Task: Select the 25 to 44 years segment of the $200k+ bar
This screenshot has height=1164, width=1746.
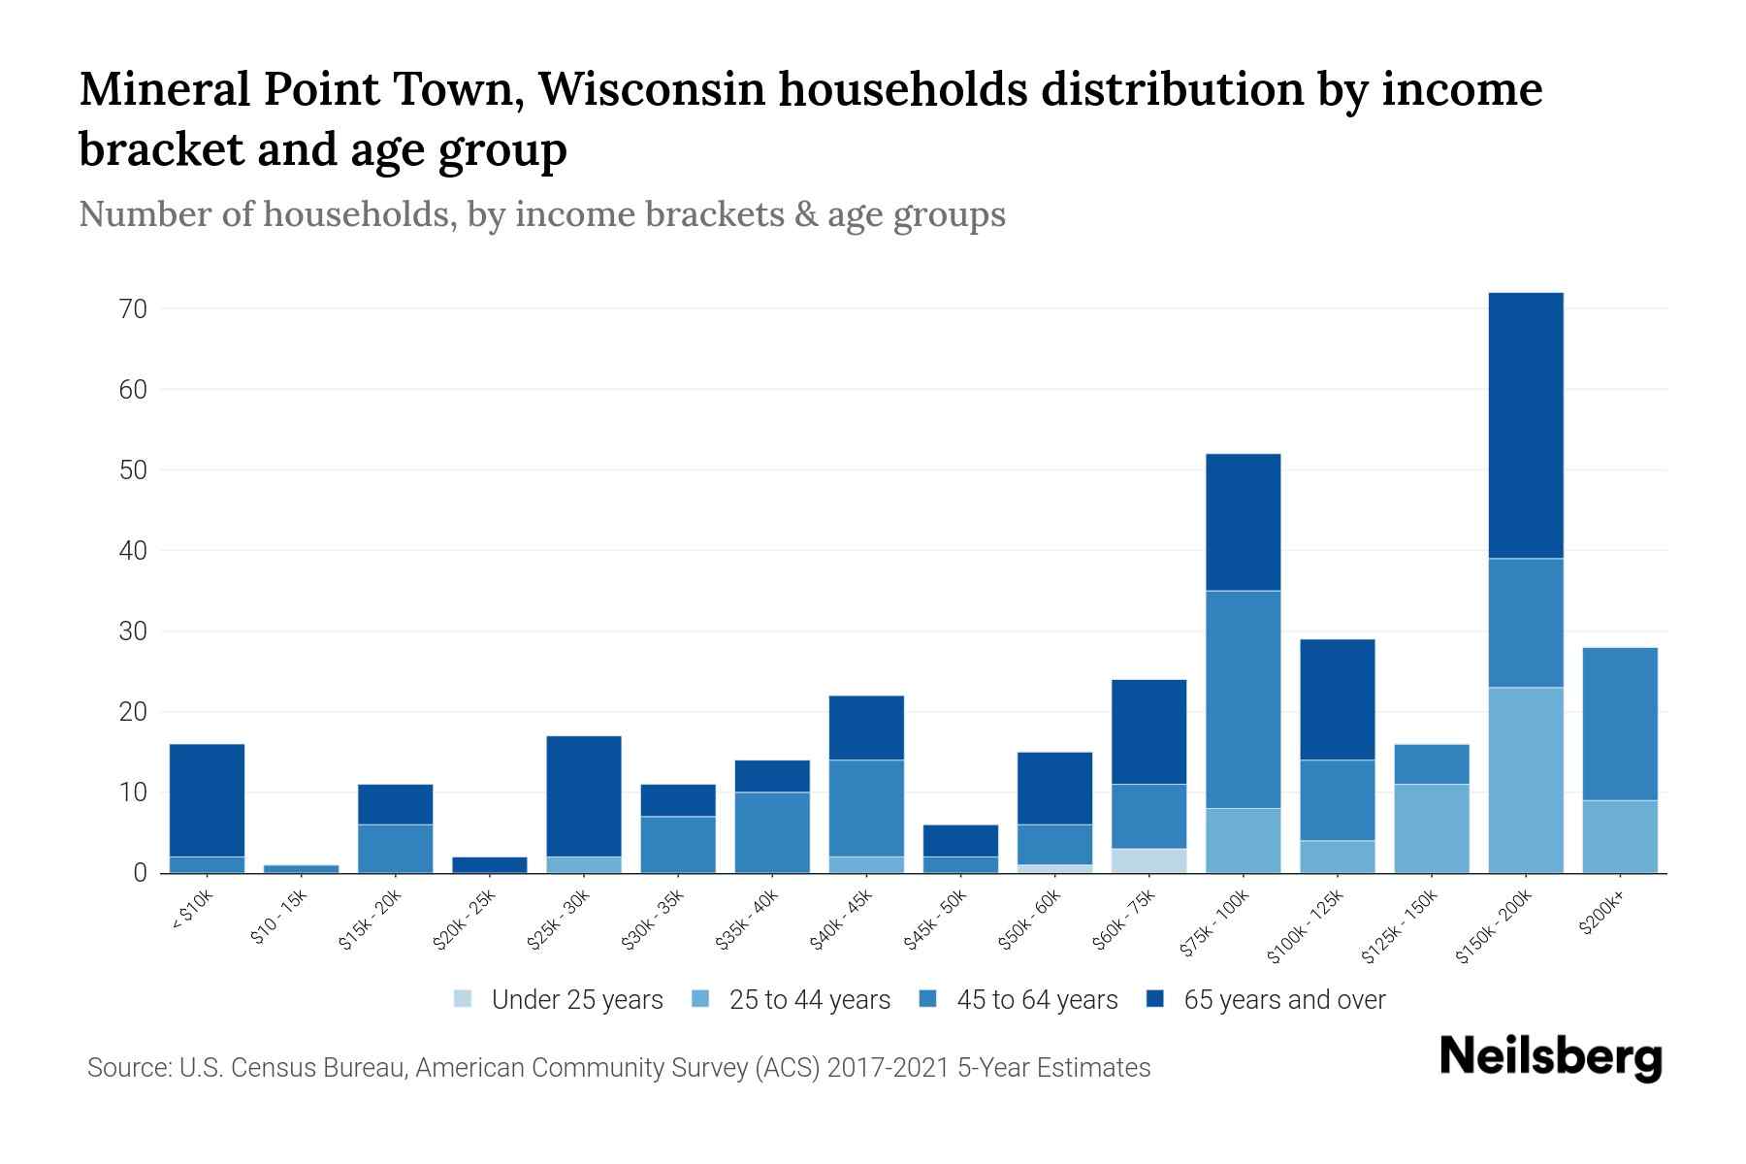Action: (1620, 836)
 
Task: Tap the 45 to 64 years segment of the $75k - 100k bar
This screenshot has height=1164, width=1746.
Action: (1243, 699)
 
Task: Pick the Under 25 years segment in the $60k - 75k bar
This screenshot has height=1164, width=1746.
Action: (1148, 860)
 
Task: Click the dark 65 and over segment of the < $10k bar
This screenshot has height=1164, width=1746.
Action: (207, 800)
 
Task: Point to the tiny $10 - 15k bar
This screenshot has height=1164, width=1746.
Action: (301, 868)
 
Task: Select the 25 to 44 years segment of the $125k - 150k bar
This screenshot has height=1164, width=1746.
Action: (1432, 828)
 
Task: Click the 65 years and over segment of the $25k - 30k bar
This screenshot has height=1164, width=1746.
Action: (584, 796)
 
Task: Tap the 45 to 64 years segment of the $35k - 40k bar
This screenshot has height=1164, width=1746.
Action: (772, 832)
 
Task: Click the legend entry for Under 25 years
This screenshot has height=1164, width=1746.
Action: (558, 1000)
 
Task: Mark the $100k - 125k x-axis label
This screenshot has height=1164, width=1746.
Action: (1306, 927)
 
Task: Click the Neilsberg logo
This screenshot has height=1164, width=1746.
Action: (1550, 1057)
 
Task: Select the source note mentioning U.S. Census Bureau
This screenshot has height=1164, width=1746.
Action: (619, 1068)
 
